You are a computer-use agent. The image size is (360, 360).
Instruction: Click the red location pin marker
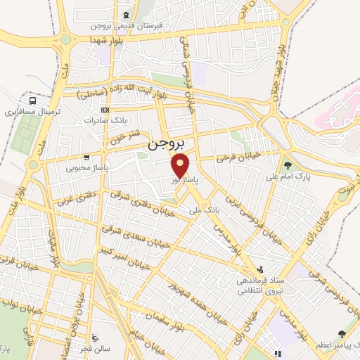(181, 167)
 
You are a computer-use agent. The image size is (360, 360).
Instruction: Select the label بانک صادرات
(103, 121)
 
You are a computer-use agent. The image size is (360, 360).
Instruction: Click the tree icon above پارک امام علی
(288, 165)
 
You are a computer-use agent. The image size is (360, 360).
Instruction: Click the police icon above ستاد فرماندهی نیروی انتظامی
(261, 269)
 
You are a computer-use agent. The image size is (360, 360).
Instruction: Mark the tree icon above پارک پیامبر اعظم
(342, 333)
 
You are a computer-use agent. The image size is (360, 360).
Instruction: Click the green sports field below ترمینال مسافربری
(28, 129)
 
